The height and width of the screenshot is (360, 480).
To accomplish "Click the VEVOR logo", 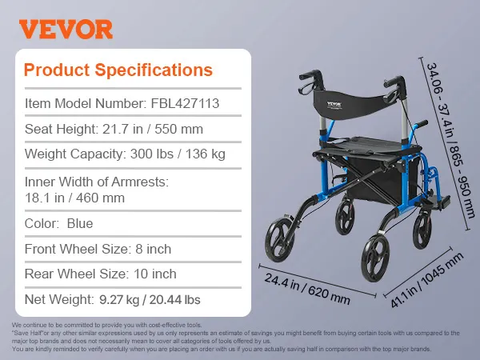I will click(x=66, y=29).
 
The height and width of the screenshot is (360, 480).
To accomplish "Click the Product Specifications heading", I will click(x=118, y=70).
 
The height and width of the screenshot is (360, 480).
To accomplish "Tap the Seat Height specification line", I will click(x=114, y=129).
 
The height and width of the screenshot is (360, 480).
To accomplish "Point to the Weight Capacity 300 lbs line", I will click(x=125, y=154).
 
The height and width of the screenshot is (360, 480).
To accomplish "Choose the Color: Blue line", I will click(x=58, y=223).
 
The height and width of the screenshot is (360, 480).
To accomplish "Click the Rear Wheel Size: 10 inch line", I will click(x=101, y=274).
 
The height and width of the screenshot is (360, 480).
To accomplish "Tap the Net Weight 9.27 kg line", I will click(x=113, y=299).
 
